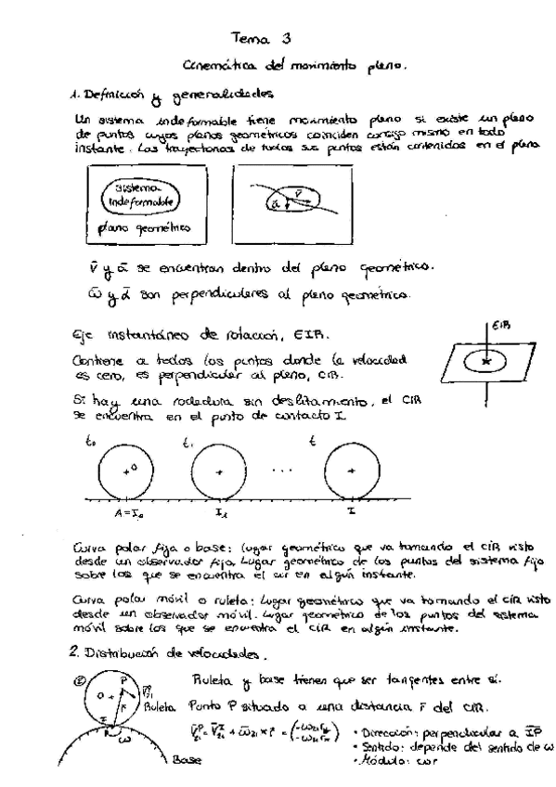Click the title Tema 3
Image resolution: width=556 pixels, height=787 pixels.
pyautogui.click(x=265, y=39)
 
